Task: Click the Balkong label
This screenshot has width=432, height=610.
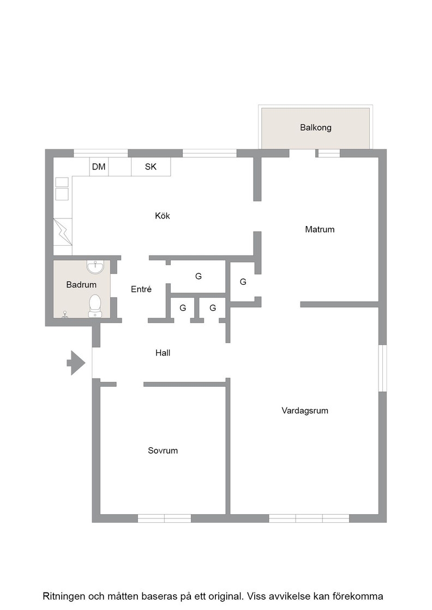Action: pyautogui.click(x=315, y=127)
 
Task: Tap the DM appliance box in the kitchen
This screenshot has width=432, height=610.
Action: pyautogui.click(x=99, y=167)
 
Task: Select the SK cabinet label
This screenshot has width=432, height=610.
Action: pyautogui.click(x=151, y=167)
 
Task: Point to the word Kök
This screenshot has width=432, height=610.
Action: pyautogui.click(x=163, y=216)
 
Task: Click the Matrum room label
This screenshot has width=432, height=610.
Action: pyautogui.click(x=320, y=229)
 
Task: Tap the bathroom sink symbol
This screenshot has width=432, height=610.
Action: pyautogui.click(x=95, y=267)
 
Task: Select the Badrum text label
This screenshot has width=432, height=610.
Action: pyautogui.click(x=81, y=285)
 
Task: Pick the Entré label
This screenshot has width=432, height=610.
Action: pyautogui.click(x=141, y=289)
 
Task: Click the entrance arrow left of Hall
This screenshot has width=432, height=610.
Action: pyautogui.click(x=76, y=363)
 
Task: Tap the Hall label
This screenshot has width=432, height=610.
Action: pyautogui.click(x=163, y=353)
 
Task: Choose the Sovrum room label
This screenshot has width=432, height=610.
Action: pyautogui.click(x=163, y=450)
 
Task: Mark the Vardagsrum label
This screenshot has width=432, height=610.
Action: pyautogui.click(x=305, y=411)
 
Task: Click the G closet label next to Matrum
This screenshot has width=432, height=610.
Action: pyautogui.click(x=243, y=282)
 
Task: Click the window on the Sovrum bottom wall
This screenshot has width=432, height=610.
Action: pyautogui.click(x=164, y=518)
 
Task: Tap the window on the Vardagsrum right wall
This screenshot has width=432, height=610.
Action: pyautogui.click(x=383, y=368)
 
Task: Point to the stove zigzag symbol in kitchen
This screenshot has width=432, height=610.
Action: pyautogui.click(x=63, y=232)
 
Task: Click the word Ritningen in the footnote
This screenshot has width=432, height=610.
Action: pyautogui.click(x=63, y=596)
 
